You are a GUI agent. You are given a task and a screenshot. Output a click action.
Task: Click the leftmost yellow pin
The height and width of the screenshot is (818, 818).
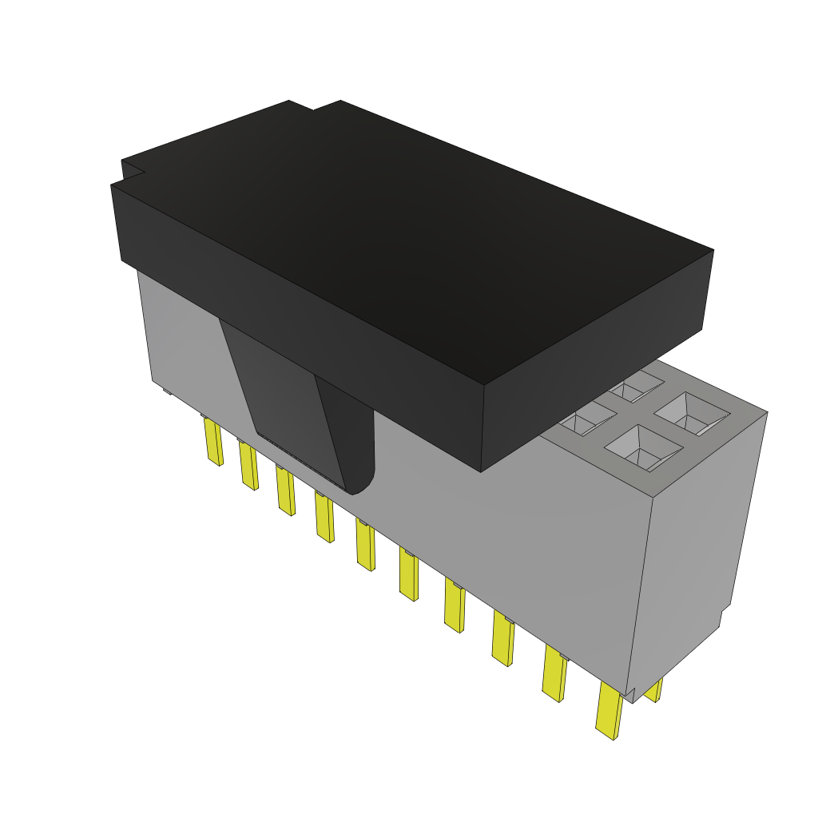click(213, 442)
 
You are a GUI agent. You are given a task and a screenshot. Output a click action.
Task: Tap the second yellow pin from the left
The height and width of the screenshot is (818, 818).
click(248, 466)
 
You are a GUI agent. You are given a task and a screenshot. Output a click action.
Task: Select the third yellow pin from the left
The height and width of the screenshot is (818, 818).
click(285, 490)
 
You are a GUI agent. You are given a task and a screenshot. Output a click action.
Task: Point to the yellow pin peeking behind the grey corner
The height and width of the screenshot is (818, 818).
click(655, 690)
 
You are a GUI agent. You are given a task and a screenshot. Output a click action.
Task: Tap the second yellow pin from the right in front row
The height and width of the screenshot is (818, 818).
click(554, 673)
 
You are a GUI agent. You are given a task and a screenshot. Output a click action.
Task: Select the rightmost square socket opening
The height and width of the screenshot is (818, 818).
click(692, 414)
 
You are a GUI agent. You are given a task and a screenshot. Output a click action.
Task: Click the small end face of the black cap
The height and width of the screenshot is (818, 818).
click(595, 399)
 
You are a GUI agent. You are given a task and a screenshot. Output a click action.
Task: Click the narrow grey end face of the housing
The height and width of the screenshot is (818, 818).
click(695, 543)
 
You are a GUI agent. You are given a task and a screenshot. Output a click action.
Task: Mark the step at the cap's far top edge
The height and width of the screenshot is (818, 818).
click(313, 106)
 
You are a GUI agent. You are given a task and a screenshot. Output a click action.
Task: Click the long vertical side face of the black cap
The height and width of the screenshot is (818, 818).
click(304, 320)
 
